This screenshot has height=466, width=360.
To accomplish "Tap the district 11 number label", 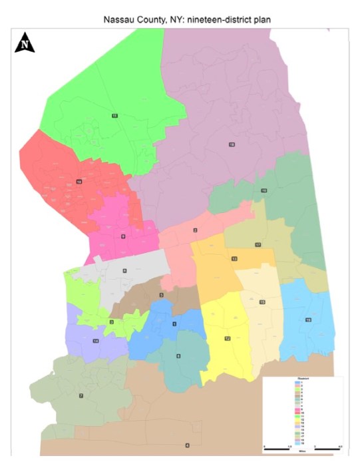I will coord(114,116).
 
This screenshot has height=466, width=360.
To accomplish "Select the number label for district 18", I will coord(232,144).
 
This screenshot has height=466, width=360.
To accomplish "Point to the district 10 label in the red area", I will coord(79,181).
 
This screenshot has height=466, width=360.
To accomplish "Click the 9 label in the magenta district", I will coord(123,236).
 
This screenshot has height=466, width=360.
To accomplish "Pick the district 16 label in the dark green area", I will coord(264,191).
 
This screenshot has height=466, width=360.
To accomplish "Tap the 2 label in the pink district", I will coord(195,230).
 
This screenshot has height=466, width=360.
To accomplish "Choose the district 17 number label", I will coord(258,245).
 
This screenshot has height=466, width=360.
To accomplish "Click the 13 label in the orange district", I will coord(234,258).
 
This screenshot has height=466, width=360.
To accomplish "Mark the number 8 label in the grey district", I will coord(124,270).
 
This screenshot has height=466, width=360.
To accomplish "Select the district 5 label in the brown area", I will coord(160,295).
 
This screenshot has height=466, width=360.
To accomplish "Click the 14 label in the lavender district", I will coord(96,341).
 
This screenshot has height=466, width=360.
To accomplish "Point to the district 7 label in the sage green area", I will coord(81,396).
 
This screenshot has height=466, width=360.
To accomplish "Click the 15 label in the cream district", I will coord(262,302).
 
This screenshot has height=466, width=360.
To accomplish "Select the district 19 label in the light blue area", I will coord(308,320).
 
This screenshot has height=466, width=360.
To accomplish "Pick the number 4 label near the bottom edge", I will coord(187,445).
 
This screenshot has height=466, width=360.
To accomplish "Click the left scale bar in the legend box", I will coord(277,449).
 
